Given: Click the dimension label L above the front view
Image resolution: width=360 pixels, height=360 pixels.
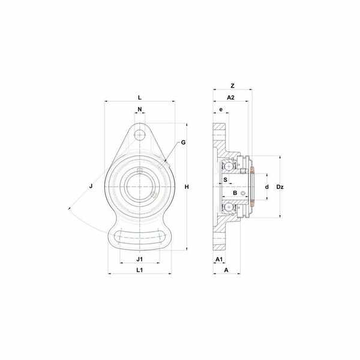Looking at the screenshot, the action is point(140,98).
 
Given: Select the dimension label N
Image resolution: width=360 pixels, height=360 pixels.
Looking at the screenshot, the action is point(140,109).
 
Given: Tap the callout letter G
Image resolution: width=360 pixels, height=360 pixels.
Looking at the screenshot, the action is point(183,143).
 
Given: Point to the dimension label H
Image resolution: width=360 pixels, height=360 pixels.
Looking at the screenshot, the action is point(187,187).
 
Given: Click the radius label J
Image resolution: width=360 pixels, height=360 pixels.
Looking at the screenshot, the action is point(91,186).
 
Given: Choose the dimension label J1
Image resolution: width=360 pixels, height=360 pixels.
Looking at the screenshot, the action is point(140,259).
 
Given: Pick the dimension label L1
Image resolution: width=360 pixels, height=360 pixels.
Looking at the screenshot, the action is point(140,270).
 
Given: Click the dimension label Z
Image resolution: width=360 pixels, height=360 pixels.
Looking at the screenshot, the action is point(233,86).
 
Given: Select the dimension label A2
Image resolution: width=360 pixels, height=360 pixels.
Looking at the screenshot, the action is point(231,98).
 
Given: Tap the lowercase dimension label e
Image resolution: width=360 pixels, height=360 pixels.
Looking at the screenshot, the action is point(221,110).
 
